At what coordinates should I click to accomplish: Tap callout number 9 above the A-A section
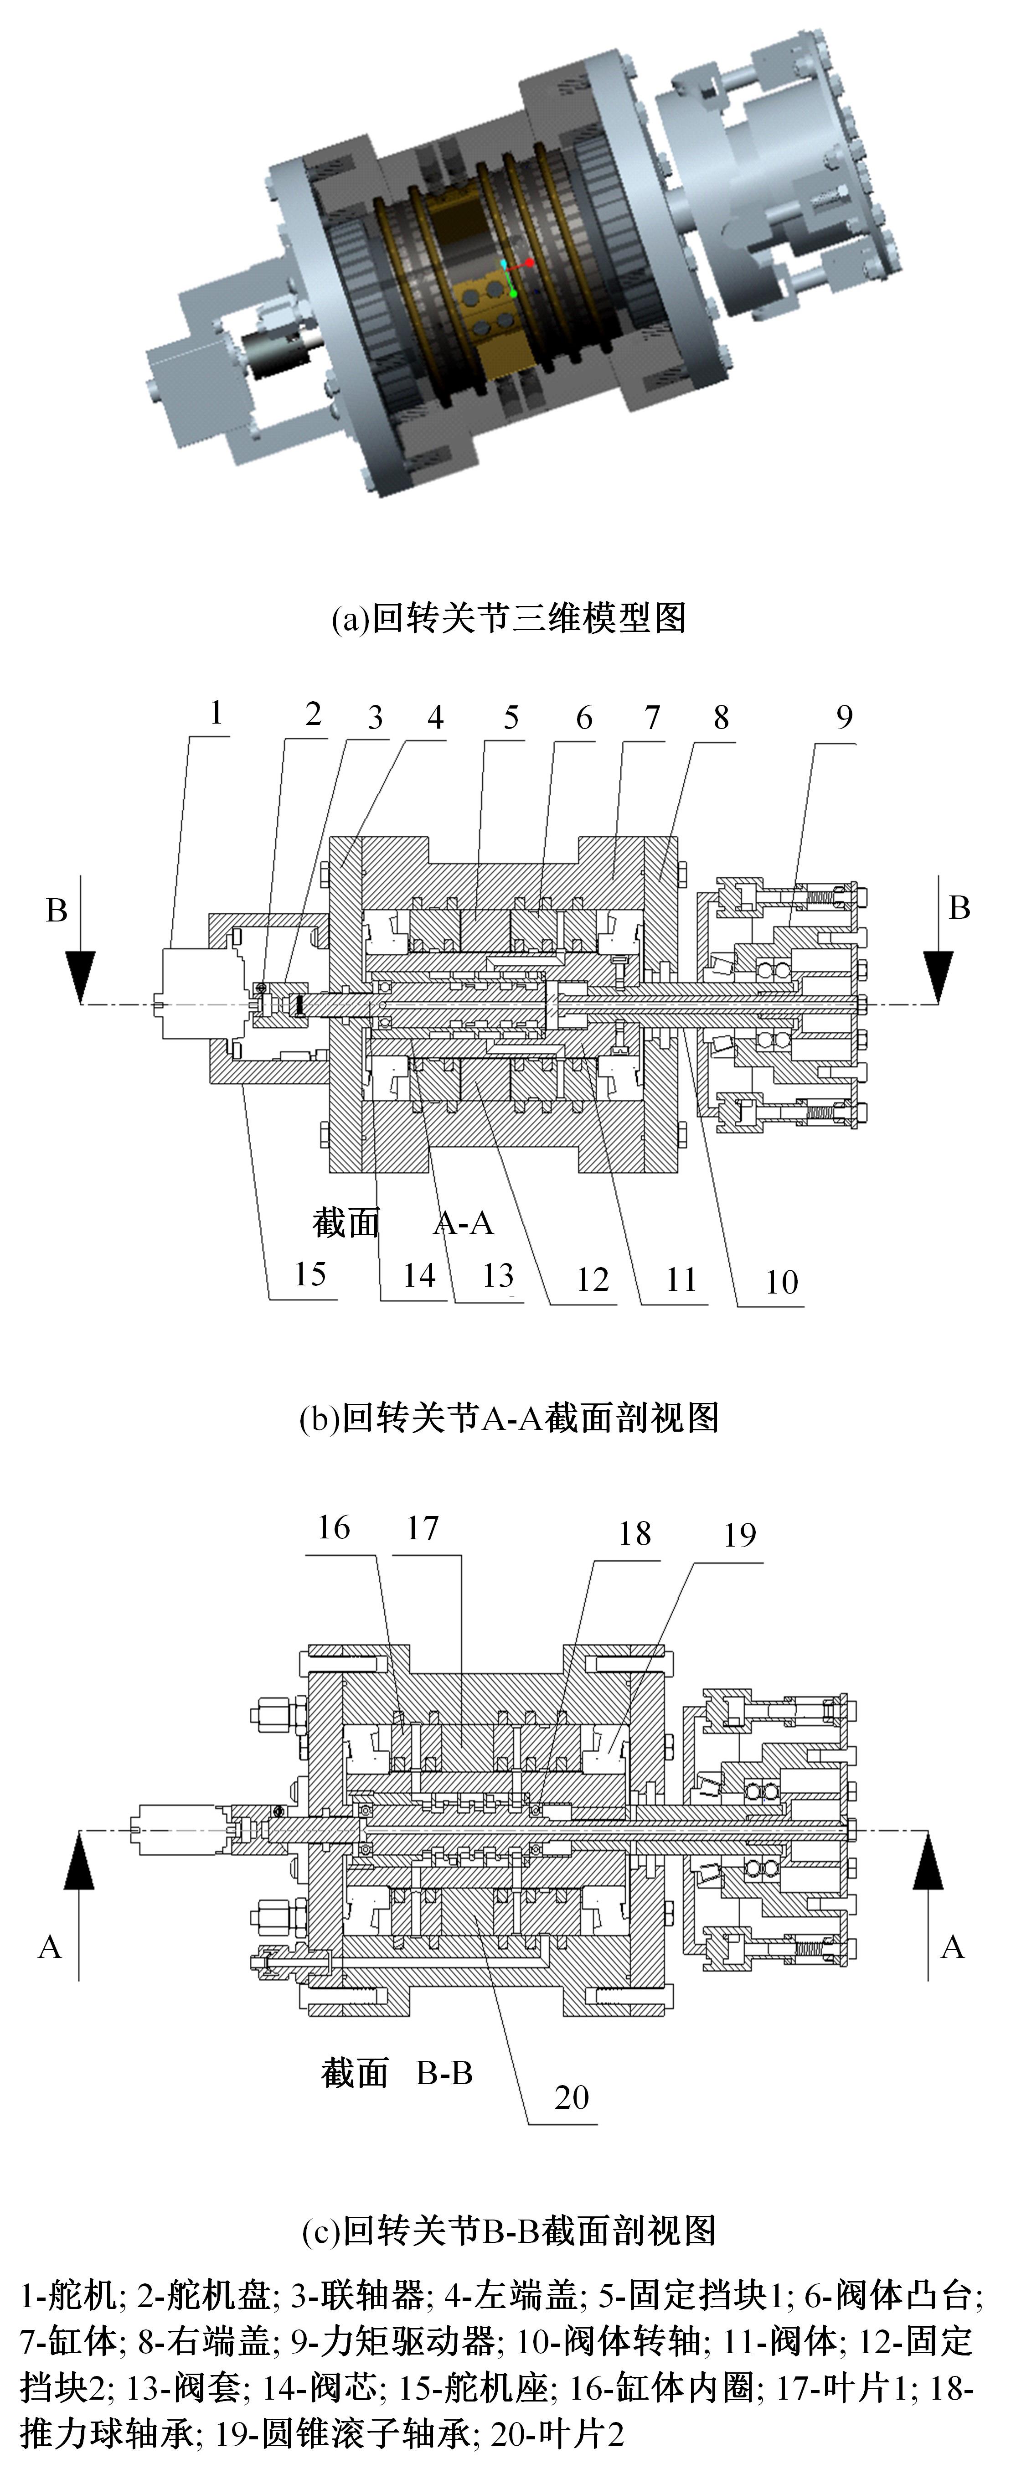pos(844,716)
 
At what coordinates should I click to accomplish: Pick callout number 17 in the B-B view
pos(423,1528)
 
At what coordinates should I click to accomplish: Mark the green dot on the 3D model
pos(514,293)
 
